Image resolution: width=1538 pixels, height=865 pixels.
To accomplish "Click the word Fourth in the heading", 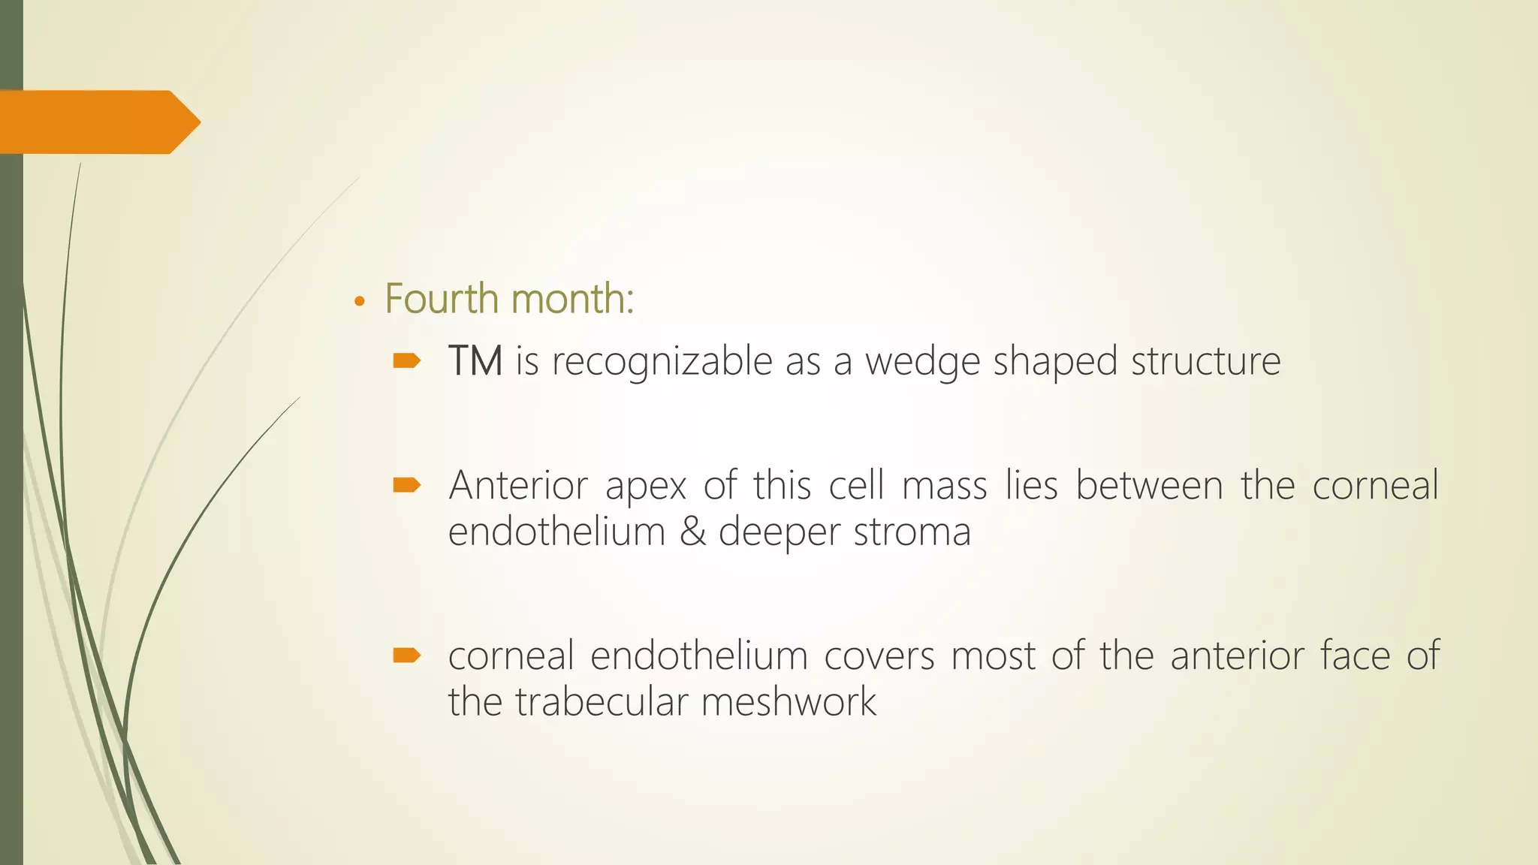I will (x=441, y=299).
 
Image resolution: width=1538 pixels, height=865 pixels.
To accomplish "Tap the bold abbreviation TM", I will (x=475, y=361).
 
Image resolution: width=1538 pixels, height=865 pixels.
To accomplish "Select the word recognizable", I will (x=662, y=362).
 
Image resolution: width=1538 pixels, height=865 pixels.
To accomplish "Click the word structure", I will (x=1205, y=361).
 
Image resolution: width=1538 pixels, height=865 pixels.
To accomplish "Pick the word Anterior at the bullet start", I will (x=517, y=485).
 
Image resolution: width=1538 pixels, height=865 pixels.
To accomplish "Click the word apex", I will (x=646, y=487).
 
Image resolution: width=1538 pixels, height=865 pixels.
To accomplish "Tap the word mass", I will (x=944, y=485).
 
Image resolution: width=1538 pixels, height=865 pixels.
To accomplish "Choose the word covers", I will (x=879, y=656).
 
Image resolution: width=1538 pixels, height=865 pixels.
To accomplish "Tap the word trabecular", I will (x=602, y=702).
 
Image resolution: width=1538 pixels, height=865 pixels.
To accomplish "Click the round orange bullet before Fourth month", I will (x=360, y=302).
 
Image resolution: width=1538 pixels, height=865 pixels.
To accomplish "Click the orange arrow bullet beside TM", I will (x=406, y=362).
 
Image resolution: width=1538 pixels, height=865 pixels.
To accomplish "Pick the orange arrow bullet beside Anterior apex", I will (x=406, y=486).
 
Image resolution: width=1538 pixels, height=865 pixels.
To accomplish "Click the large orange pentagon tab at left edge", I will (x=98, y=122).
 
